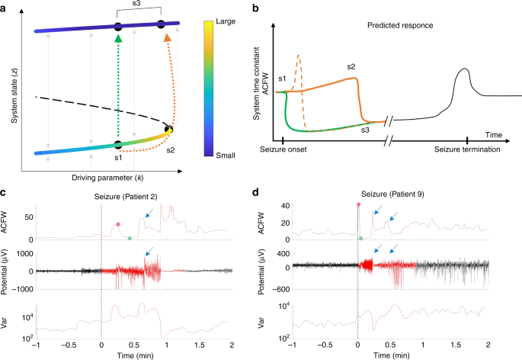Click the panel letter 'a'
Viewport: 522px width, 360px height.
click(5, 7)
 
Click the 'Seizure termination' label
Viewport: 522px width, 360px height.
click(467, 150)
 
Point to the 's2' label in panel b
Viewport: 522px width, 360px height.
click(351, 67)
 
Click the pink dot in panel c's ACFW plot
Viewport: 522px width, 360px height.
click(118, 224)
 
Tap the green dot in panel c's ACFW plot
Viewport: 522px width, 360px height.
click(130, 239)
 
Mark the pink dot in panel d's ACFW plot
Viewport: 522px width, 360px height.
click(358, 205)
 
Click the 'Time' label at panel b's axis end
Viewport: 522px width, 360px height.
click(495, 133)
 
